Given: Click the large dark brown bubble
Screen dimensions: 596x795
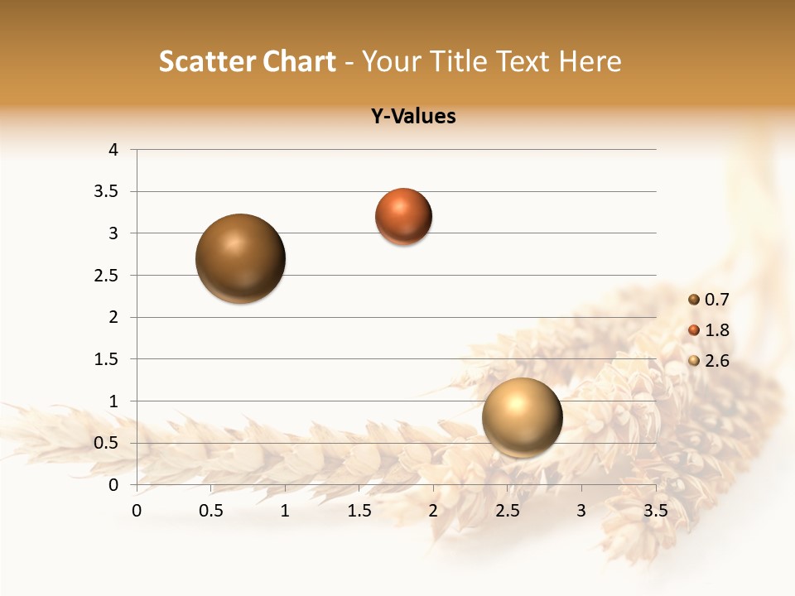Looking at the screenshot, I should (240, 258).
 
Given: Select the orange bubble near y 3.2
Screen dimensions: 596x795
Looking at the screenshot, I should (403, 217).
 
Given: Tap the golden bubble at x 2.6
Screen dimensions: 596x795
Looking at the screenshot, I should (522, 417).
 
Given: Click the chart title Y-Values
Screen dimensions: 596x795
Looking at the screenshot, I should (413, 117).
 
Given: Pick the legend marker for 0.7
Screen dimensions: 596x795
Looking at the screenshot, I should (694, 300).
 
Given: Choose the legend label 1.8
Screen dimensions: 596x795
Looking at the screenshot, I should (717, 330).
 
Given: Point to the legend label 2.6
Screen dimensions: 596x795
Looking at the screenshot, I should (717, 361).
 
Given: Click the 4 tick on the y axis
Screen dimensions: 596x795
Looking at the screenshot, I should (113, 150).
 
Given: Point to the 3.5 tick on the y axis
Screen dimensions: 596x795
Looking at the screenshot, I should (108, 192).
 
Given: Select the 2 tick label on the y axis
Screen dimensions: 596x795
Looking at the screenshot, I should (113, 317).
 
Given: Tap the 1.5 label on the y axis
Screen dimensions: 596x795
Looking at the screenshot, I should (108, 359).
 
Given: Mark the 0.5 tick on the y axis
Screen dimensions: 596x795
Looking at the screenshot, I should (108, 443).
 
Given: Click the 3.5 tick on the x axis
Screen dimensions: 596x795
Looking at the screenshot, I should (655, 511).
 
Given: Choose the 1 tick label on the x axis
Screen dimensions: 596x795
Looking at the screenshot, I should (285, 511).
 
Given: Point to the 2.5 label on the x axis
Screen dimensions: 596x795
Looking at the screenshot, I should (507, 511).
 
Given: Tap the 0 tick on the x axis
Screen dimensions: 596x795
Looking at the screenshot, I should (137, 511).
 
